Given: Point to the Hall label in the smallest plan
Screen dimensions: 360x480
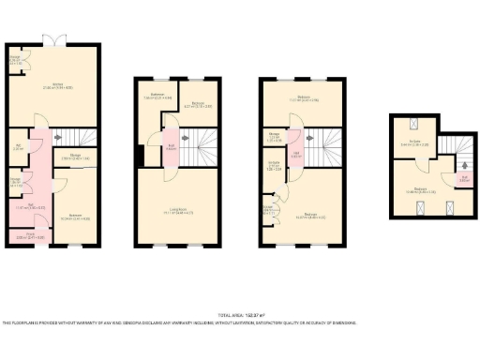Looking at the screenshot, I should tap(463, 177).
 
